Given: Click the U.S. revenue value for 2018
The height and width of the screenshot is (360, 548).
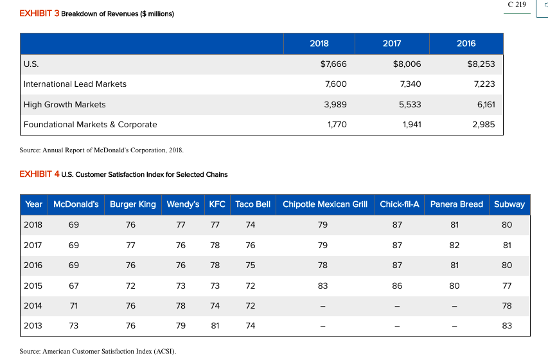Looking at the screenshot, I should click(333, 64).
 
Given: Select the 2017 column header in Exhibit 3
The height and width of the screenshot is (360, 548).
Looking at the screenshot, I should click(392, 43).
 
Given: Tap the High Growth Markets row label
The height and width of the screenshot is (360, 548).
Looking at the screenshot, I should click(64, 104).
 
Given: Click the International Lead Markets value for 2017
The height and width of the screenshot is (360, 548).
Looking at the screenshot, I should click(410, 84).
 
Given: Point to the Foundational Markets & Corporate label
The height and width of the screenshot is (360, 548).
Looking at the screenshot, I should click(90, 124).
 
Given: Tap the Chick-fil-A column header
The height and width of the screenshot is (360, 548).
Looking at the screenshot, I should click(399, 204).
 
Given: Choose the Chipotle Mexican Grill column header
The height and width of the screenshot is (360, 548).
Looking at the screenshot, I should click(325, 204).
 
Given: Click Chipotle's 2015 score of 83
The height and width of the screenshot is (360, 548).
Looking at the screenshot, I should click(323, 285).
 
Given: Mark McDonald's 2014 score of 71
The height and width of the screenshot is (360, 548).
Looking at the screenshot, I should click(74, 305).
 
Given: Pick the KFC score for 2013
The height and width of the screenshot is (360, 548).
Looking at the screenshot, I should click(215, 326).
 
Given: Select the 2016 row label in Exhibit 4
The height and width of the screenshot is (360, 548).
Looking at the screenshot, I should click(33, 265).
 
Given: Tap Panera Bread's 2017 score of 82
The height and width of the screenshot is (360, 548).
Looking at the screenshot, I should click(456, 245).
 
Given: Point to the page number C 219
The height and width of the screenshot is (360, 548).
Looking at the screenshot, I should click(516, 5).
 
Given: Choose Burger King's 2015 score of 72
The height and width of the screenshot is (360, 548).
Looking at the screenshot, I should click(130, 285).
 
